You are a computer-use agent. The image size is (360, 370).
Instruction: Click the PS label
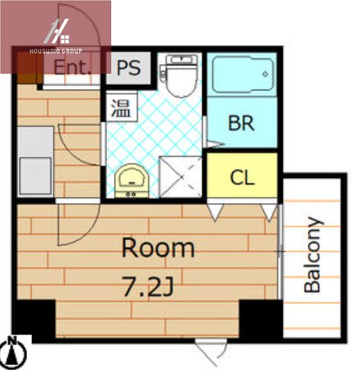tap(129, 68)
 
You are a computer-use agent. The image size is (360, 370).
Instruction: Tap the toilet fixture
tap(180, 76)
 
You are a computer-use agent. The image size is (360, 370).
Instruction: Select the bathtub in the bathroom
tap(243, 74)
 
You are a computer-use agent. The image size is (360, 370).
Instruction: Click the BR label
tap(241, 123)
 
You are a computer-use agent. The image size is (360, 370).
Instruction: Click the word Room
tap(158, 248)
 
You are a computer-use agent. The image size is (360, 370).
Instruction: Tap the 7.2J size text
tap(148, 287)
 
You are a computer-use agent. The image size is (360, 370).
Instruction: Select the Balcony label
tap(313, 255)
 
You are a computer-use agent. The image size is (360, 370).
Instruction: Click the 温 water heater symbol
tap(121, 108)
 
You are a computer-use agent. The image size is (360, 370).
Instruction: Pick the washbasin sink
tap(131, 181)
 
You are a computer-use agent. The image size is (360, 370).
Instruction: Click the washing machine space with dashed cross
tap(181, 177)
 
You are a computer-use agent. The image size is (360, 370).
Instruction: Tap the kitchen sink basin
tap(35, 175)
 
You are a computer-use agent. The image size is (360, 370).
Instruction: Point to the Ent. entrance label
tap(72, 67)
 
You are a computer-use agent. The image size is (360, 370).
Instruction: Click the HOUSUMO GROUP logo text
tap(56, 51)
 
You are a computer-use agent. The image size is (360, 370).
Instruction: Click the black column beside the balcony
tap(261, 319)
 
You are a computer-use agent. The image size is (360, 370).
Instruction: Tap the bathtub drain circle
tap(265, 74)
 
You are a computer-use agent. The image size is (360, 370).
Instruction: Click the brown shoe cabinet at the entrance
tap(26, 67)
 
